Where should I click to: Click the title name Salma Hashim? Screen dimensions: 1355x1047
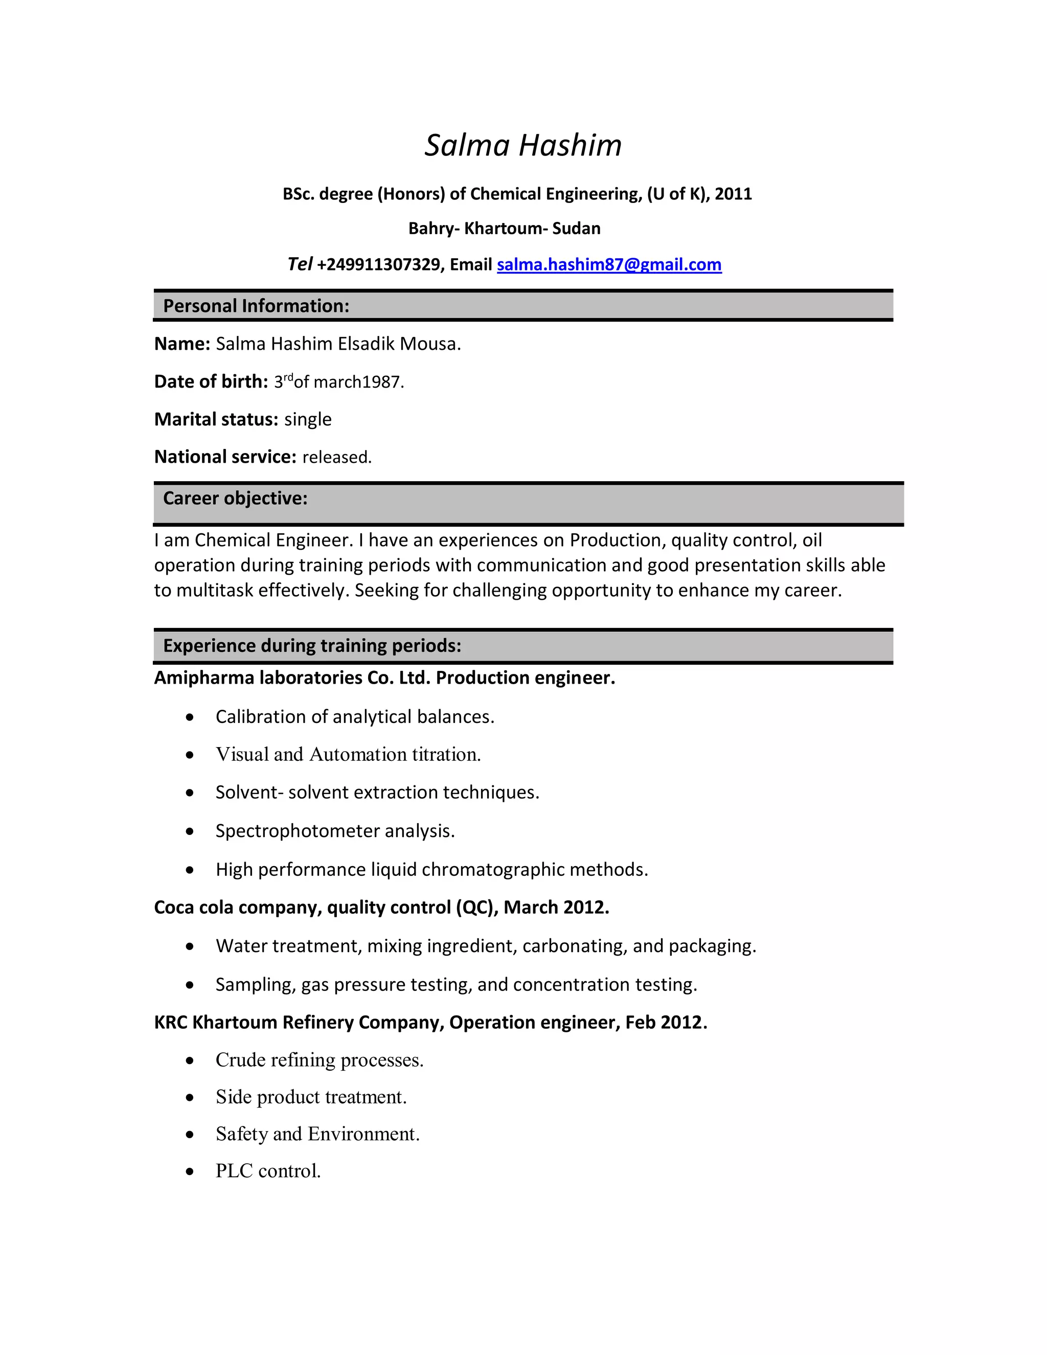coord(523,145)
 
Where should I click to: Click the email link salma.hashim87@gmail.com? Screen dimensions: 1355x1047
coord(608,265)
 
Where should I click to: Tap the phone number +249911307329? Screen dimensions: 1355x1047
coord(378,265)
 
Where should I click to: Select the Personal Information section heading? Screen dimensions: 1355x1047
coord(256,306)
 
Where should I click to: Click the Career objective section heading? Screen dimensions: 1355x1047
coord(235,498)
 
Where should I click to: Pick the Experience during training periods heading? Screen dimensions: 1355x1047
coord(312,646)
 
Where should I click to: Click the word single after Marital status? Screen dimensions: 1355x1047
coord(308,419)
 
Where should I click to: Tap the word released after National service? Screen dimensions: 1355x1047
coord(336,457)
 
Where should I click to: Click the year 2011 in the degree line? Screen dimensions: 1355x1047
coord(733,194)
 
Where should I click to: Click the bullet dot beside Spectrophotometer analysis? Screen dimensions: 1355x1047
coord(190,831)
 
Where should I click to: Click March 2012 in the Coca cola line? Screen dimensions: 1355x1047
coord(556,908)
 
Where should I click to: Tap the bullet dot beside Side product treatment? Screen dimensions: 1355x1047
coord(190,1097)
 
